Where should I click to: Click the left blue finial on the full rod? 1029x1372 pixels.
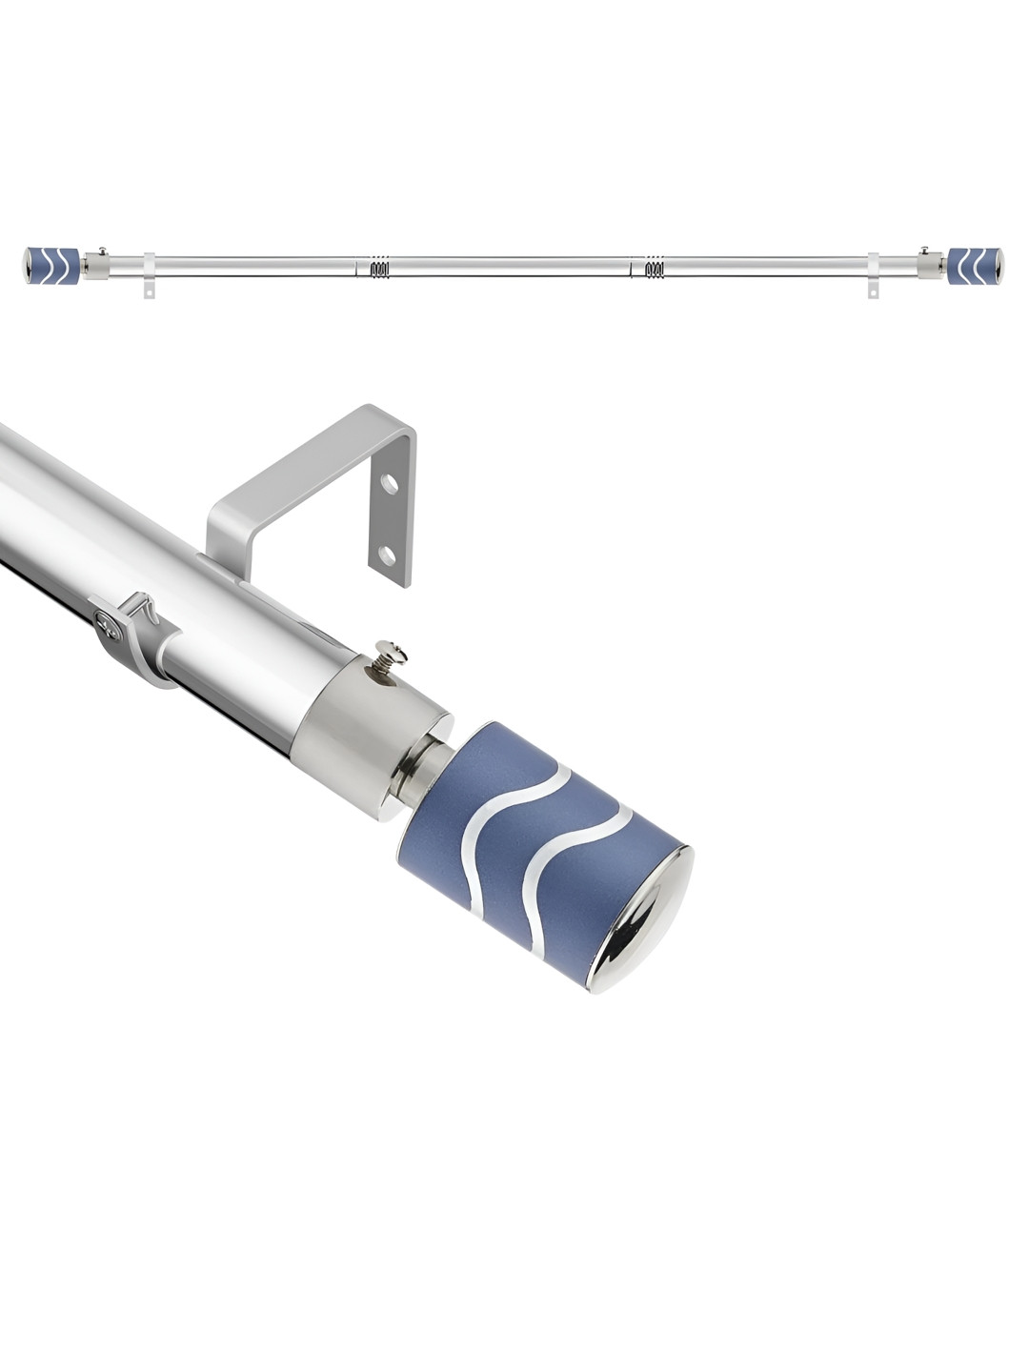point(47,266)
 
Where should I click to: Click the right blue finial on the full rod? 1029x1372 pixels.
point(974,266)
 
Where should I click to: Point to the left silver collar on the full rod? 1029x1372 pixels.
point(96,265)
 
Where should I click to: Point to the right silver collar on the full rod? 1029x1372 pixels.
point(928,265)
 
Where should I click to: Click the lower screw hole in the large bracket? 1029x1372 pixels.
point(386,554)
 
